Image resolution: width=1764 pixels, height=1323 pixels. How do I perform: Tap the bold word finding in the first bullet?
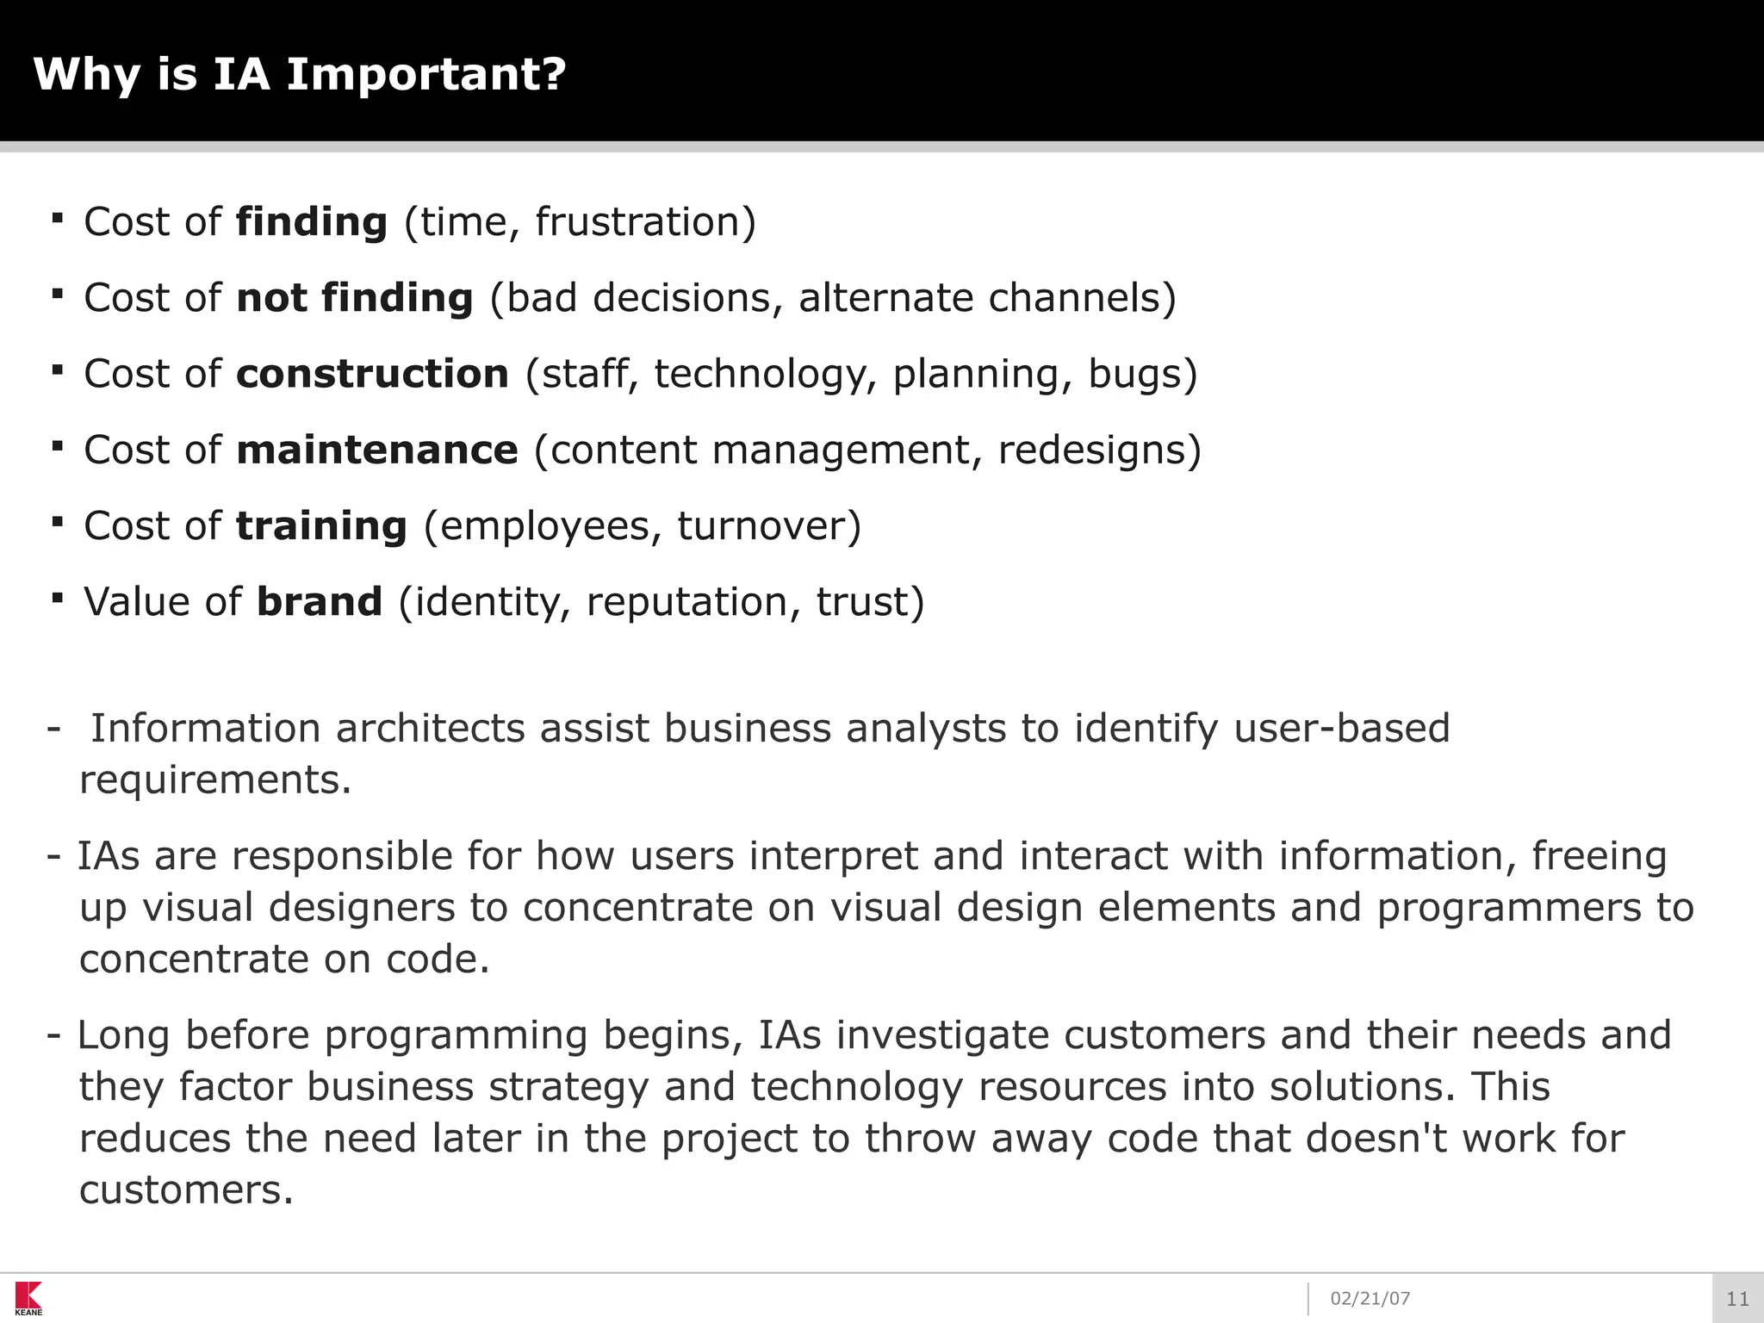312,222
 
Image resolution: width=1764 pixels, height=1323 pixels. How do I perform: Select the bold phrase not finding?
355,298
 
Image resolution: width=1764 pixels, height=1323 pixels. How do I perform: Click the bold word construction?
373,374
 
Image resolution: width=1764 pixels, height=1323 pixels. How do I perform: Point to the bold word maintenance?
377,450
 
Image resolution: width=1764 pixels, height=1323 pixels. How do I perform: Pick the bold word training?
321,525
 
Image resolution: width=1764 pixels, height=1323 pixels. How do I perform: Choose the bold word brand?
320,601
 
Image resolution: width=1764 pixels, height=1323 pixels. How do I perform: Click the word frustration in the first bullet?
637,222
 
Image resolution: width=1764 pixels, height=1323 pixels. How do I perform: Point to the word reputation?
686,601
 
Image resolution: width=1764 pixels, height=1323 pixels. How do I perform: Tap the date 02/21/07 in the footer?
1370,1299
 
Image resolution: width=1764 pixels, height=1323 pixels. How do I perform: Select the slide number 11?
1737,1299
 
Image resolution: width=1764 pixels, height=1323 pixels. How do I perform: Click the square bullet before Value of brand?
58,597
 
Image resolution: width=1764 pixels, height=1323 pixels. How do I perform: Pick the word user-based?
1342,729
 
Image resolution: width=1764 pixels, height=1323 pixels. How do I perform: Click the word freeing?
1599,856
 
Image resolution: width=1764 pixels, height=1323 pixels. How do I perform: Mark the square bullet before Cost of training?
58,521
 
